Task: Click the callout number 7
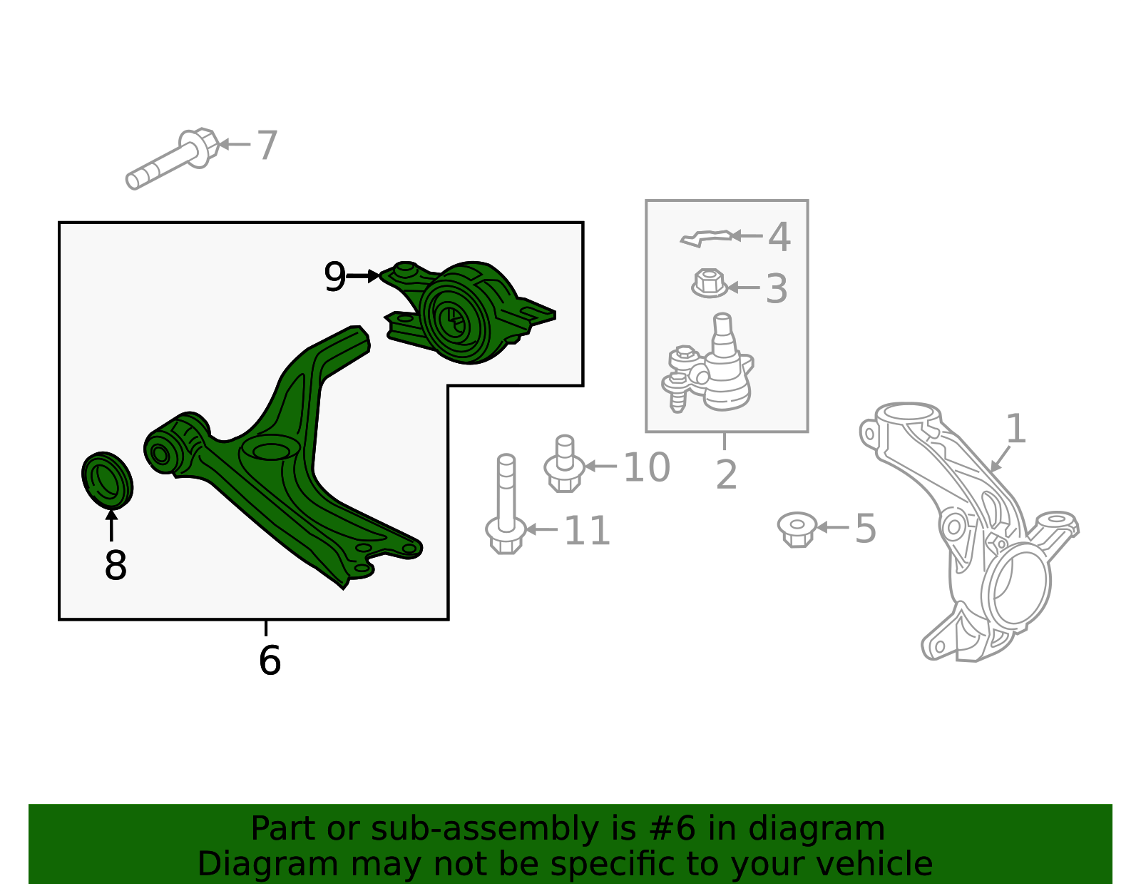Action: pos(267,145)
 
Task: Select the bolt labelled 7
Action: pos(173,158)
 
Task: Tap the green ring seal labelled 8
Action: pos(107,480)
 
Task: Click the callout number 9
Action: pos(335,276)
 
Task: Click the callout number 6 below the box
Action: pos(270,660)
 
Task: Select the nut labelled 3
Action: pos(710,283)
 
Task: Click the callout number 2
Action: pos(726,474)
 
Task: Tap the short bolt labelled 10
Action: pos(565,464)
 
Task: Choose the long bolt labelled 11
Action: pos(506,504)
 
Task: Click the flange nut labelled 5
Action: pos(797,529)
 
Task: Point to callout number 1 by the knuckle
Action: pos(1015,429)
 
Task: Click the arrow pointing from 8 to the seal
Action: pos(111,525)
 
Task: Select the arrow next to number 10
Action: pos(600,466)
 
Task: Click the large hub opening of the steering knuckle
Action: pos(1019,584)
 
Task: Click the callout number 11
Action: pos(587,530)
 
